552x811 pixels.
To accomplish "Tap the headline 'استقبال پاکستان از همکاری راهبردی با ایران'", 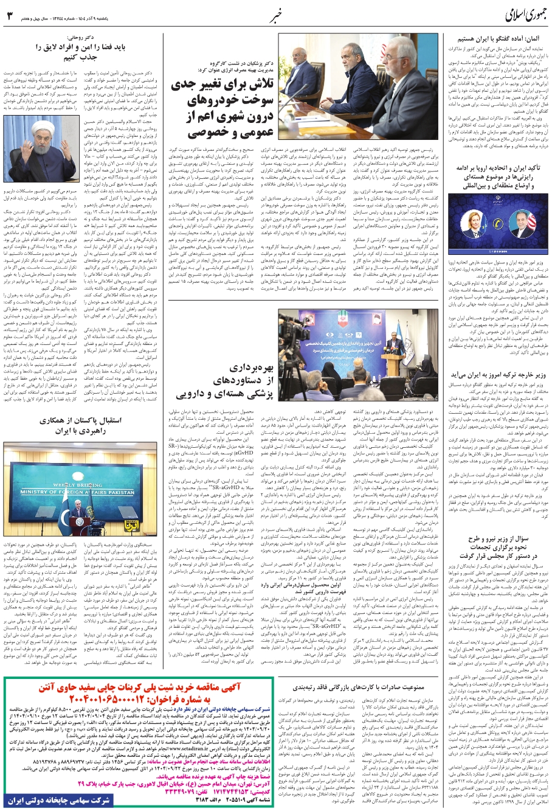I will (x=81, y=425).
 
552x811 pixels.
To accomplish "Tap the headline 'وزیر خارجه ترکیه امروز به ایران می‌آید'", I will (x=494, y=376).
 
